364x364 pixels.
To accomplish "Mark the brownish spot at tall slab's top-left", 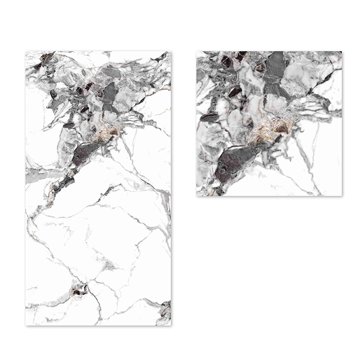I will point(44,57).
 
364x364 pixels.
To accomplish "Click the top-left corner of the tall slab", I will point(26,52).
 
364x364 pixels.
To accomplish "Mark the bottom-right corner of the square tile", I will point(341,196).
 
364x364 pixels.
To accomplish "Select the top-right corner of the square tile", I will point(341,52).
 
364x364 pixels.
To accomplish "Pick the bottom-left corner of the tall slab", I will point(26,325).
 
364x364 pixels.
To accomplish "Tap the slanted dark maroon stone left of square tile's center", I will point(235,92).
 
